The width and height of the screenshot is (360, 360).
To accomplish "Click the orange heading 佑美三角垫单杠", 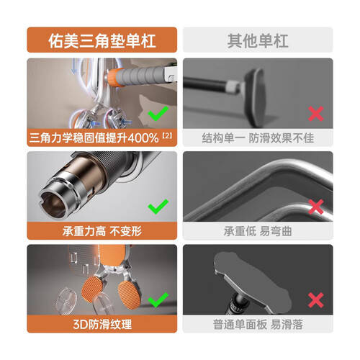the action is pos(102,40).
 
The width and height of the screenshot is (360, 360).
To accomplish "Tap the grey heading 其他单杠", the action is pos(258,40).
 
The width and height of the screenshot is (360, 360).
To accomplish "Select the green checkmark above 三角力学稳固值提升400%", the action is pos(158,113).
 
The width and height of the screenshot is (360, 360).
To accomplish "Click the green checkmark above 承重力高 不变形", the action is pos(158,207).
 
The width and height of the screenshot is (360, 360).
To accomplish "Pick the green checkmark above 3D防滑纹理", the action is pos(158,300).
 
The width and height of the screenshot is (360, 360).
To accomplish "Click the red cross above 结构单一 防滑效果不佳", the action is pos(316,114).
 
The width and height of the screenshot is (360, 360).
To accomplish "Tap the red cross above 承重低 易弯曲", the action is pos(316,207).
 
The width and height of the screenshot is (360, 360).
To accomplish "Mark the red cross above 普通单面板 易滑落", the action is pos(316,300).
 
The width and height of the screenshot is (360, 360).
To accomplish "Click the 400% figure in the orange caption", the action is pos(143,138).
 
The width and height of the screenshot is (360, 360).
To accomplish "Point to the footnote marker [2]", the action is pos(167,135).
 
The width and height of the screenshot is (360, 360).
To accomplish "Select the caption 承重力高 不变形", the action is pos(102,231).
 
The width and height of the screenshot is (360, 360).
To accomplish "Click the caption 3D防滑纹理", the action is pos(102,324).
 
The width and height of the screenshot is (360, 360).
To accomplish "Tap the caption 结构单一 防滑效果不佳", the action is pos(258,138).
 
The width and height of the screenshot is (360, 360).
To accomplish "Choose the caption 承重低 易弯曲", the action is pos(258,231).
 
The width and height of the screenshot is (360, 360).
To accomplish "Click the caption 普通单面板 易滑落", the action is pos(258,324).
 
